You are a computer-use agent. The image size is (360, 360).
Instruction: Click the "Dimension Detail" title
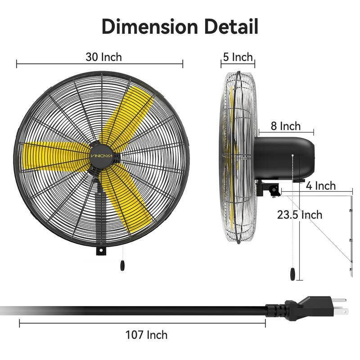coord(180,26)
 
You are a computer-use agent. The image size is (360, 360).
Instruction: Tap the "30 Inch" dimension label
coord(103,57)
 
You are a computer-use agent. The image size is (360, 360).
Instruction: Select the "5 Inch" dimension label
coord(237,57)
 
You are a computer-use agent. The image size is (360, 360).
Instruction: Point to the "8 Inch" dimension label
coord(286,126)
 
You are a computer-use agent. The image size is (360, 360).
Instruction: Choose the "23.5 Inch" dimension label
coord(300,214)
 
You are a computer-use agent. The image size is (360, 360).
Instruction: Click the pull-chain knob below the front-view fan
coord(122,266)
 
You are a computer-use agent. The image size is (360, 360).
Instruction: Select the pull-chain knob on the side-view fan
coord(293,274)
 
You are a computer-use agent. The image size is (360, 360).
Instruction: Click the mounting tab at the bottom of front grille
coord(102,249)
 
